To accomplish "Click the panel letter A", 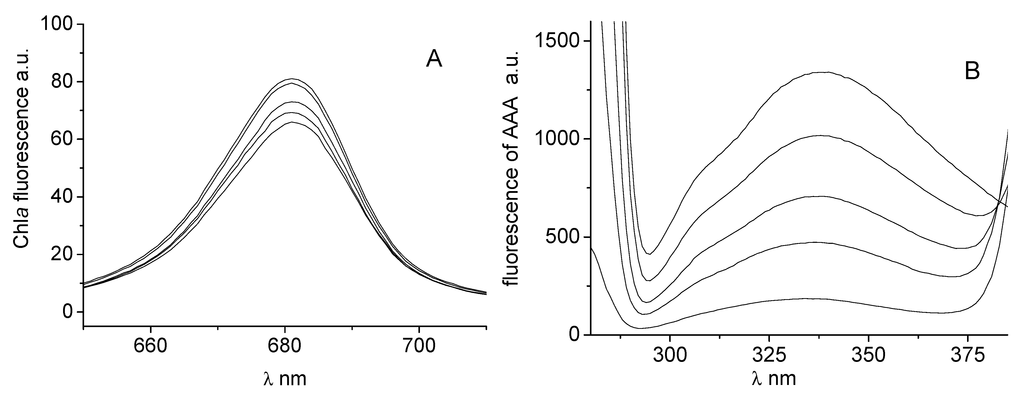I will [x=434, y=60].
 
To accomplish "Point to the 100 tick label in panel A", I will [x=57, y=25].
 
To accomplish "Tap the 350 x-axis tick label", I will [x=868, y=355].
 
